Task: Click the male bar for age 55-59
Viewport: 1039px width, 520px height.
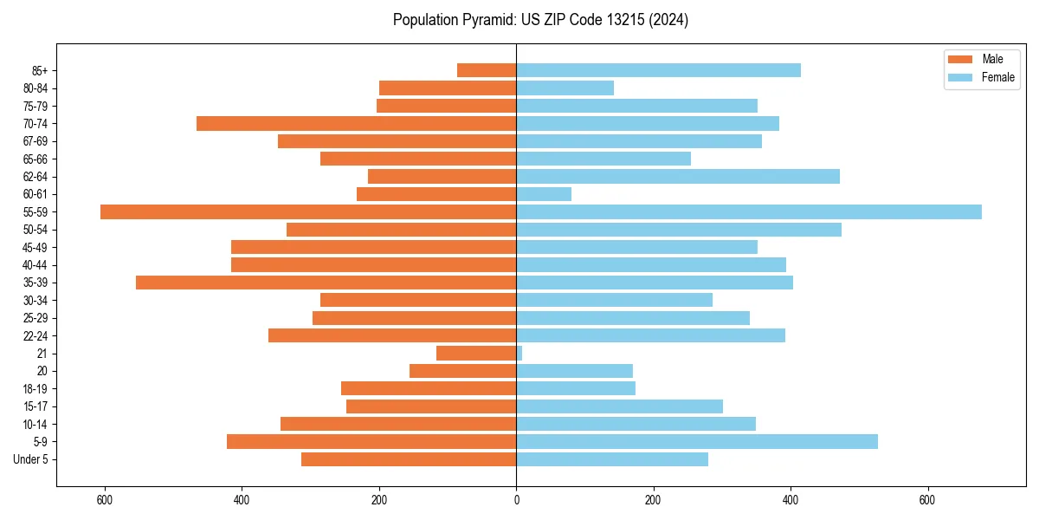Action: click(308, 211)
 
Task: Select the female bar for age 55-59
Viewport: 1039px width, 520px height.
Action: click(749, 211)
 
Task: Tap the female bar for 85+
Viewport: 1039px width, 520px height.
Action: click(658, 70)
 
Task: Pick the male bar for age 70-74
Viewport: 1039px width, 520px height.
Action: click(356, 123)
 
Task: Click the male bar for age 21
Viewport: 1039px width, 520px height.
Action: click(476, 353)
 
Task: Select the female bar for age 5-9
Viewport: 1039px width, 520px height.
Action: click(697, 441)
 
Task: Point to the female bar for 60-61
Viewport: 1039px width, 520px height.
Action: click(544, 194)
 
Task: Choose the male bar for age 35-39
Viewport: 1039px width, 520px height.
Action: click(326, 283)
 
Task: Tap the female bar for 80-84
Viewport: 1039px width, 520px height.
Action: click(565, 88)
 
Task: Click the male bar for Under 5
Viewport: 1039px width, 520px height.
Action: click(409, 459)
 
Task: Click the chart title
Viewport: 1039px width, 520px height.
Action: click(540, 20)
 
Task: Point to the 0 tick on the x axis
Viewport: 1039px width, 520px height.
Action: click(516, 500)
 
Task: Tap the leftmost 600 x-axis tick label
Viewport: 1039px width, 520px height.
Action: click(105, 500)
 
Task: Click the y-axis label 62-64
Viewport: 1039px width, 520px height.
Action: click(35, 177)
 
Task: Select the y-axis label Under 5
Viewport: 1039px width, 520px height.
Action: click(30, 459)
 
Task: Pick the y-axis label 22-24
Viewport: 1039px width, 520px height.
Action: click(35, 335)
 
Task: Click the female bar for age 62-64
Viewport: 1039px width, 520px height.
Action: click(678, 176)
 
